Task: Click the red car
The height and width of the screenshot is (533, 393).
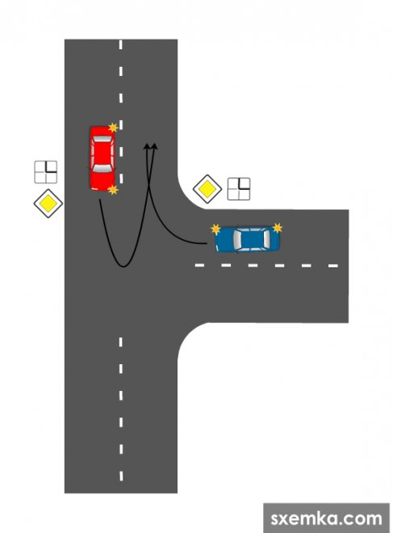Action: (102, 158)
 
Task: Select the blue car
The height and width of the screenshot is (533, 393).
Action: (247, 240)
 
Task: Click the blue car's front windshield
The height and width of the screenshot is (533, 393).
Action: (237, 240)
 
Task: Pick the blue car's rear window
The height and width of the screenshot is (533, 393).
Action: (266, 239)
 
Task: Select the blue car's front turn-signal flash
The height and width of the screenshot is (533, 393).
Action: (215, 229)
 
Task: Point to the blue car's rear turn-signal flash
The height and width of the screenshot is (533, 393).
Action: (278, 228)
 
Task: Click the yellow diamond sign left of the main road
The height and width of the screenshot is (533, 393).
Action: (48, 204)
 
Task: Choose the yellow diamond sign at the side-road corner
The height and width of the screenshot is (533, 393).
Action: (207, 189)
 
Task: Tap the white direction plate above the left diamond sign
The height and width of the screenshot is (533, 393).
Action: (46, 172)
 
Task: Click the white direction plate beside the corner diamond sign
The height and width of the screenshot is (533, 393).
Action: (239, 189)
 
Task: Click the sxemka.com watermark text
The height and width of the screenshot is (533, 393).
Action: (327, 518)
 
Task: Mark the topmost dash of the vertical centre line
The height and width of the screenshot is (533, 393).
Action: (121, 44)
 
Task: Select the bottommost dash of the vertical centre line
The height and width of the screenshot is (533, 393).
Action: (121, 476)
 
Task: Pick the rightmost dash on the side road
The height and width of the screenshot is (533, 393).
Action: (332, 266)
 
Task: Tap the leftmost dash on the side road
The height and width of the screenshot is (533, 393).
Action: (199, 265)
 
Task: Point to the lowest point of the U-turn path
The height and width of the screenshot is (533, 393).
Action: (123, 266)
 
